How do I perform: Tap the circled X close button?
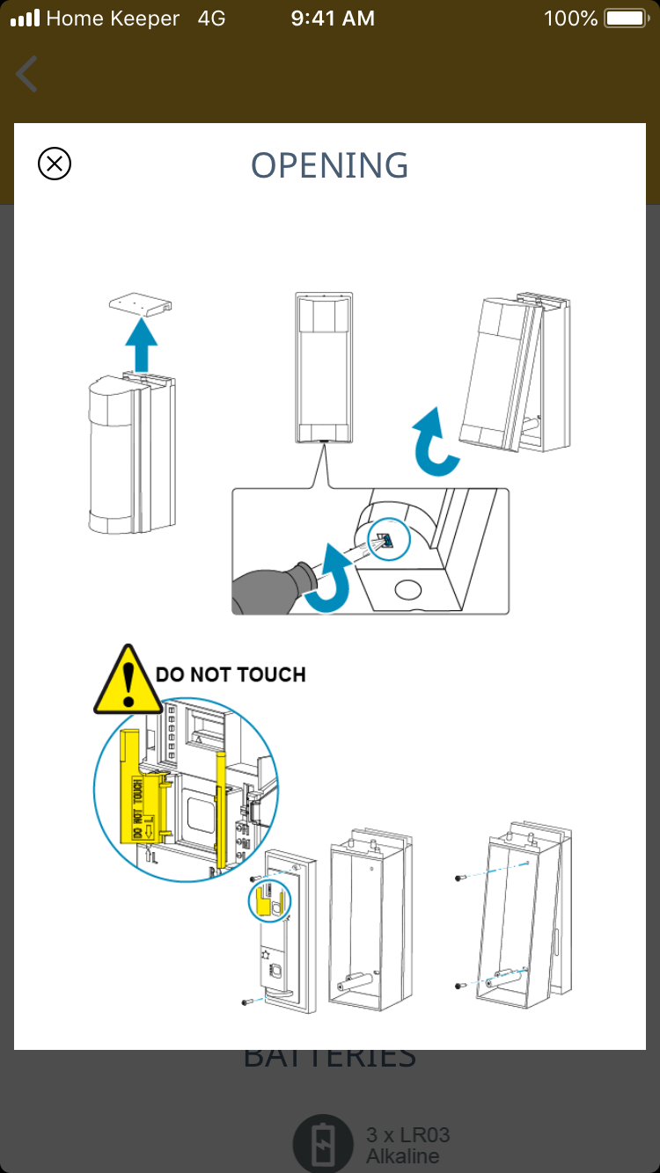point(55,164)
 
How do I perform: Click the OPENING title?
point(330,165)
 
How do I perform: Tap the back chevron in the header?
point(27,74)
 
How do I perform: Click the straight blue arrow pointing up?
point(140,344)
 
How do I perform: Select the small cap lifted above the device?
point(139,304)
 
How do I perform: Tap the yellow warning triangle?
point(128,680)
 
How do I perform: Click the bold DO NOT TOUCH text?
point(231,675)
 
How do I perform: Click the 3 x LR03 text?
point(407,1135)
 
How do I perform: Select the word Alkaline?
point(402,1156)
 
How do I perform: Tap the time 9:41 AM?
point(333,18)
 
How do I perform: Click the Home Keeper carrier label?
point(113,18)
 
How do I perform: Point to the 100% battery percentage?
point(571,18)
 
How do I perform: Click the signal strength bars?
point(25,18)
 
